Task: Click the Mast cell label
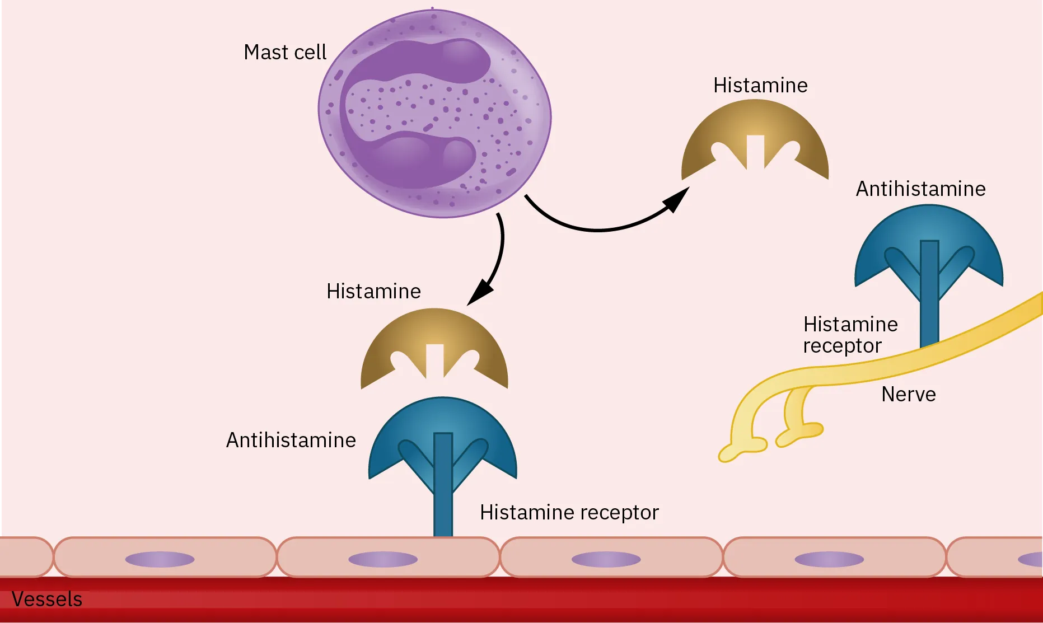click(x=284, y=52)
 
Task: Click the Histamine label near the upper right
click(x=760, y=85)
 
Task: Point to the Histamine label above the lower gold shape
click(x=373, y=291)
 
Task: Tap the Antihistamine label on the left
click(x=291, y=440)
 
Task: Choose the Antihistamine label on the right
click(x=920, y=189)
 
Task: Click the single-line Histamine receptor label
click(x=569, y=512)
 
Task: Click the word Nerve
click(x=908, y=394)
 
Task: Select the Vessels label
click(x=47, y=599)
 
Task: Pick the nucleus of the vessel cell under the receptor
click(x=383, y=559)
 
